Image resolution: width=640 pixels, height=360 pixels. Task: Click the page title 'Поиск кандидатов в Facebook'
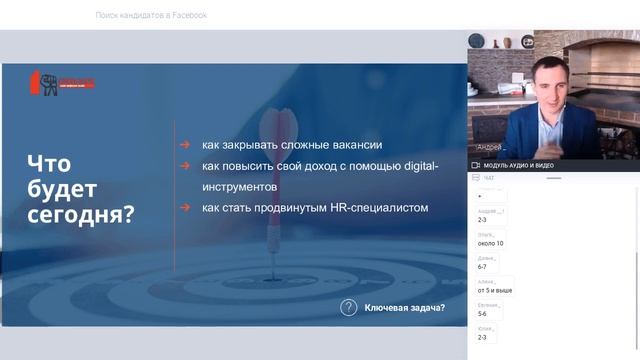click(x=151, y=15)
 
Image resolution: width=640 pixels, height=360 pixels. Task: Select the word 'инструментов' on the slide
click(x=239, y=186)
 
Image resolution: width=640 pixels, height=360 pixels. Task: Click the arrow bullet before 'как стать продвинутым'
click(x=185, y=208)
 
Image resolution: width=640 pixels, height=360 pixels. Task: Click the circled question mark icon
click(x=348, y=308)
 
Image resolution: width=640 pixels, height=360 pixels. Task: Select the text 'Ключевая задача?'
click(x=405, y=308)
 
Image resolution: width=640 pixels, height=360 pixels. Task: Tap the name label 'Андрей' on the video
click(x=492, y=146)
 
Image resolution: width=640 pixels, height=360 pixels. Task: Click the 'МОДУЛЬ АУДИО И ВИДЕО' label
click(x=519, y=165)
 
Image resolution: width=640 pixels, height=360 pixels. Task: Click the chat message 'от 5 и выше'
click(x=495, y=290)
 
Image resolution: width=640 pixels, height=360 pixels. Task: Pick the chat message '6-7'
click(x=484, y=267)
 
